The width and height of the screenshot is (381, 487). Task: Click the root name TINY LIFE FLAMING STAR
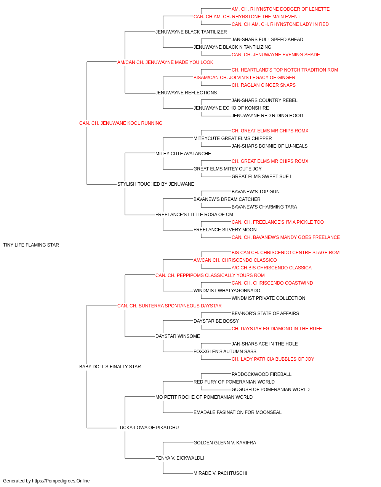(31, 245)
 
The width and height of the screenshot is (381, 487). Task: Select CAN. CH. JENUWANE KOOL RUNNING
(121, 123)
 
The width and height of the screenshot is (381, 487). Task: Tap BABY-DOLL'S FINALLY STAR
(110, 367)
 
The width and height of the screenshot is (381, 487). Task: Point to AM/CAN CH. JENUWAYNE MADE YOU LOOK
(165, 62)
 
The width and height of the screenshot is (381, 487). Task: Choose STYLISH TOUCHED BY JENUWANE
(156, 184)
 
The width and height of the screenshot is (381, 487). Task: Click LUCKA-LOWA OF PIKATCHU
(148, 428)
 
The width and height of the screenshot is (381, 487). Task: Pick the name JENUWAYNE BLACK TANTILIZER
(191, 32)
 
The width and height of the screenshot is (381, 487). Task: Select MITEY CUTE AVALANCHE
(183, 153)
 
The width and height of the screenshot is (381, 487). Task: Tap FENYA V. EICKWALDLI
(180, 458)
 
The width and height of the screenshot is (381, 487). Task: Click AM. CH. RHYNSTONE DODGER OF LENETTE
(280, 9)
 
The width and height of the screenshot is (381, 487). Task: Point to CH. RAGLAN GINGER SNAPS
(264, 85)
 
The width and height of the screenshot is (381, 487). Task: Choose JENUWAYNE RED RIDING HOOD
(267, 116)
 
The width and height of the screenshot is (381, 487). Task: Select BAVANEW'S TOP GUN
(256, 192)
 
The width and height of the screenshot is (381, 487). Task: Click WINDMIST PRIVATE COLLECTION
(268, 298)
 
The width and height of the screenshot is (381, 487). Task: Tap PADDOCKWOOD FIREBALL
(261, 374)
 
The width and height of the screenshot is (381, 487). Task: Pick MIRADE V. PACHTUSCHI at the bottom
(220, 473)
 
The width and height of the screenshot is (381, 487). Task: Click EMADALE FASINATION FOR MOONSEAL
(237, 412)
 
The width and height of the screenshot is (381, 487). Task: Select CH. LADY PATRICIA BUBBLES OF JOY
(273, 359)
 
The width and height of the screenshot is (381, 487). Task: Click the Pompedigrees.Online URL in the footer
(61, 481)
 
